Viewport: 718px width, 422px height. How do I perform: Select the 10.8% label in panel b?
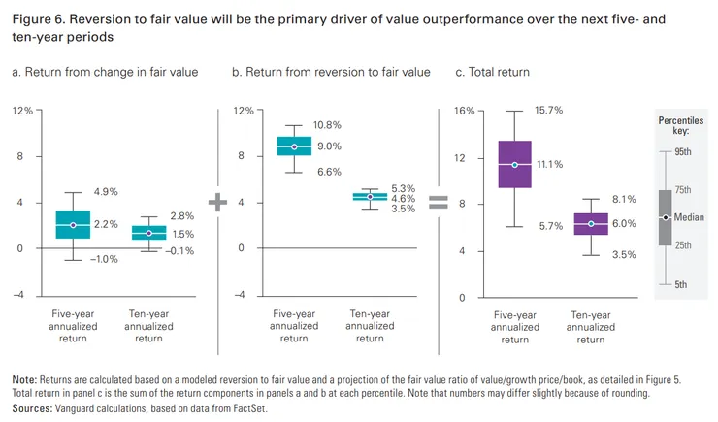pyautogui.click(x=328, y=126)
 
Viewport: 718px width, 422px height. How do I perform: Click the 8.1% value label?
pyautogui.click(x=624, y=200)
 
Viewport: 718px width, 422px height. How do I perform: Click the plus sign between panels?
pyautogui.click(x=217, y=202)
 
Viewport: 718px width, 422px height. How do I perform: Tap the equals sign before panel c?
pyautogui.click(x=439, y=202)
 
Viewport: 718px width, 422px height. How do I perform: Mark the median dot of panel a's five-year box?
pyautogui.click(x=73, y=225)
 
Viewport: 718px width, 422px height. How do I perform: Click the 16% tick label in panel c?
pyautogui.click(x=464, y=111)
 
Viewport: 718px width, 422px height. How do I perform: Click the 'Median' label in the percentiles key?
pyautogui.click(x=690, y=217)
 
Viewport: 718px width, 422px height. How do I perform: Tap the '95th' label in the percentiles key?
pyautogui.click(x=684, y=152)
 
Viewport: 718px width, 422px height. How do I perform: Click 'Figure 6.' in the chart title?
pyautogui.click(x=36, y=18)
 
